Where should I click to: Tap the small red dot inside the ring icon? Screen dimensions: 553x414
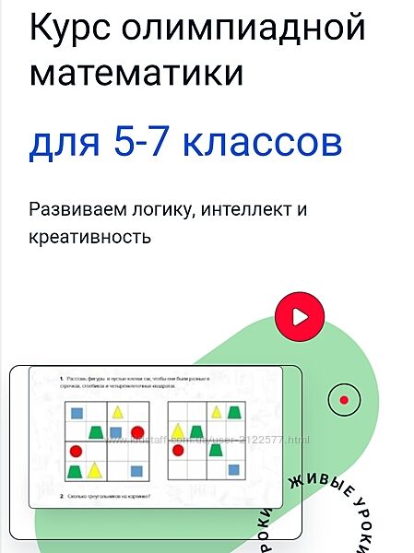344,399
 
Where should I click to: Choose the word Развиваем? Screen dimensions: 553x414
73,209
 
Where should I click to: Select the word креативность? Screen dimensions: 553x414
89,237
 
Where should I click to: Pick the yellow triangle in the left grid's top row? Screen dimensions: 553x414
117,411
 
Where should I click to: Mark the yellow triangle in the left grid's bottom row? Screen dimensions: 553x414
96,471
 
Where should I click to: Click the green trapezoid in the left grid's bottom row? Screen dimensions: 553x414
75,472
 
